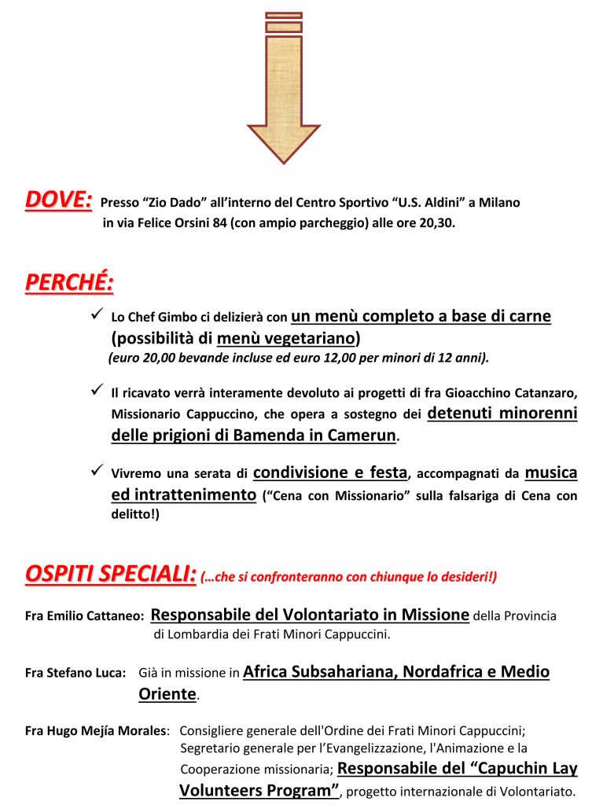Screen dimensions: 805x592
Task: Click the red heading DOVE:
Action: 58,200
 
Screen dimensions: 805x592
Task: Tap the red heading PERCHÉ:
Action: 69,283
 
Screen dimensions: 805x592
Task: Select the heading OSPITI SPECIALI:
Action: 110,574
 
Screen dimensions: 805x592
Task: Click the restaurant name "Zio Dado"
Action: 174,203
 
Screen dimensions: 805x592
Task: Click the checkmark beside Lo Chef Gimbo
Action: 98,314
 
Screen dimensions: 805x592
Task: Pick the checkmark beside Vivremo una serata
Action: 98,471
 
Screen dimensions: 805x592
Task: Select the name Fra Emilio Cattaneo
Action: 83,617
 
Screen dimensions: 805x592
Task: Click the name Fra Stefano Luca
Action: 75,674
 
